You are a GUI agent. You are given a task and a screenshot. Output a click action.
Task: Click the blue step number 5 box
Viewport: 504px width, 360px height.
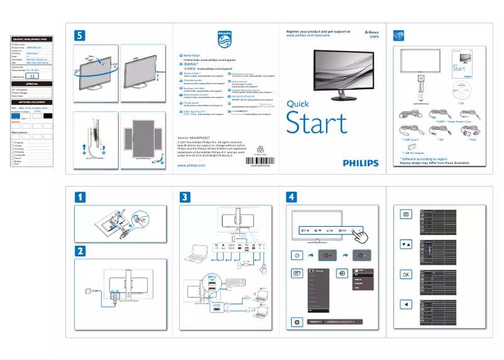(80, 36)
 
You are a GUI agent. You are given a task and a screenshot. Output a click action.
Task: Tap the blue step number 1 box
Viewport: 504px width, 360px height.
(80, 197)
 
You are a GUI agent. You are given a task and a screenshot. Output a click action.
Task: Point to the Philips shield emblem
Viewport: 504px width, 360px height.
(224, 40)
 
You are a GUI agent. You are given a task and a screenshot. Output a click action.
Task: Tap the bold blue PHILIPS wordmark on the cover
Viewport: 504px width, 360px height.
(361, 162)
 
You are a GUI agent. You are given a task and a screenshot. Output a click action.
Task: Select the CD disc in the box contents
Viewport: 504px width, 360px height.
(463, 88)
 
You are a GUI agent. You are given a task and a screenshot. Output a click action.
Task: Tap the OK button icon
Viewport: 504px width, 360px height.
(406, 275)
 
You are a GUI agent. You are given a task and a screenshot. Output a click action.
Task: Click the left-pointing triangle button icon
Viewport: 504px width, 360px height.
(406, 305)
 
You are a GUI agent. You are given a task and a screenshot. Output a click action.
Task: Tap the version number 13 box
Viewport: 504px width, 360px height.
(35, 75)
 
